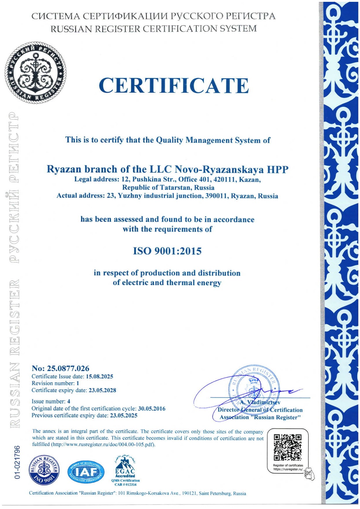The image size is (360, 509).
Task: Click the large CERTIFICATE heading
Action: point(174,86)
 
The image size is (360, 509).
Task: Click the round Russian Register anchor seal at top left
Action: point(36,73)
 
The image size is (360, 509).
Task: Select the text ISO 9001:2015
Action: point(167,251)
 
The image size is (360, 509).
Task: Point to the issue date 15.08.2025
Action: point(100,377)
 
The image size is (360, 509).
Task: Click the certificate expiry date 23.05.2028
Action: point(102,390)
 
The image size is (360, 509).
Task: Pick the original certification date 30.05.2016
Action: point(152,409)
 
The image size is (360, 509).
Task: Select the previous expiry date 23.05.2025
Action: point(123,416)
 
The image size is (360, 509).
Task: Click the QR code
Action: point(287,447)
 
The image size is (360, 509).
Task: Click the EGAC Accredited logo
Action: point(125,471)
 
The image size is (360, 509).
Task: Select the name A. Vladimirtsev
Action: point(260,403)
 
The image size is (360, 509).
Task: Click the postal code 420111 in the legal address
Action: point(224,180)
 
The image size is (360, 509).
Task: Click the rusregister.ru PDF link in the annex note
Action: point(103,445)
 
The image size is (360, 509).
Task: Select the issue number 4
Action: point(69,401)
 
